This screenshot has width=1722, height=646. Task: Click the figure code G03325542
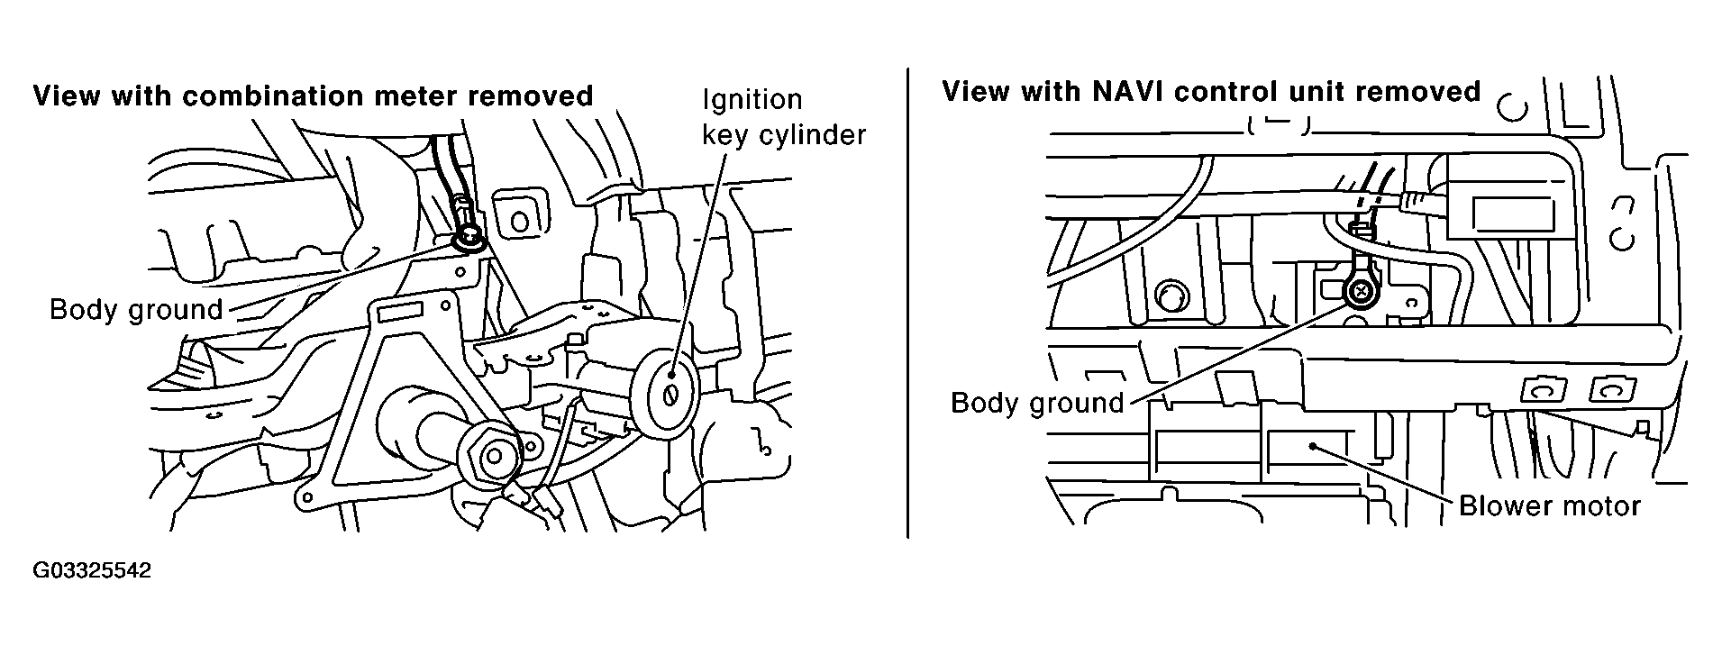[x=92, y=571]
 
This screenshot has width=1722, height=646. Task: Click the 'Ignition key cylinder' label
[x=783, y=116]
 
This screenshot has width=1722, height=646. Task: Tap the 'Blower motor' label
[x=1549, y=505]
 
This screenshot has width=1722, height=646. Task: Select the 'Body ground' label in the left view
[x=136, y=310]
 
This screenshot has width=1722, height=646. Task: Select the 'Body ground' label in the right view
[x=1037, y=402]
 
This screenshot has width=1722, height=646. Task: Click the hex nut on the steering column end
[x=491, y=456]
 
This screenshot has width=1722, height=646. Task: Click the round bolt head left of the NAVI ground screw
[x=1171, y=296]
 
